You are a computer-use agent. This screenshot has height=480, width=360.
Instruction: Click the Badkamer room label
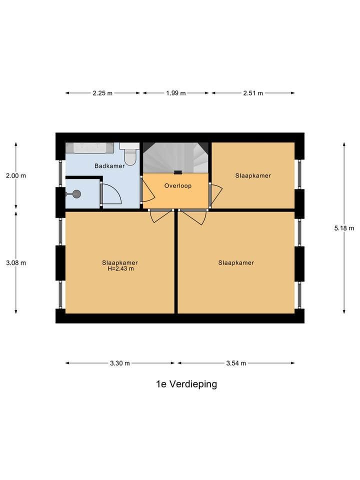click(x=109, y=165)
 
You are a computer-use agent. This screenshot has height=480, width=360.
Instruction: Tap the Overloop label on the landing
click(x=178, y=185)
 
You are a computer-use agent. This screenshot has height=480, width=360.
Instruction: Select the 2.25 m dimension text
click(x=102, y=93)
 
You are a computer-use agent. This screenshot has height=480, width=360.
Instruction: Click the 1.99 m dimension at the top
click(x=175, y=93)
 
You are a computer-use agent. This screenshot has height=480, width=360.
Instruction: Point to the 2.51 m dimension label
click(x=252, y=93)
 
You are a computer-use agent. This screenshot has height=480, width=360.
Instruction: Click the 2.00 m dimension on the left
click(x=16, y=175)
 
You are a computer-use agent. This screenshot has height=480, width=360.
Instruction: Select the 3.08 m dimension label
click(x=16, y=262)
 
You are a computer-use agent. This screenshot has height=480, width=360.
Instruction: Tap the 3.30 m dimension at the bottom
click(x=119, y=363)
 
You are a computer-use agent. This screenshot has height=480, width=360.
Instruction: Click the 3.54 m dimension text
click(x=236, y=363)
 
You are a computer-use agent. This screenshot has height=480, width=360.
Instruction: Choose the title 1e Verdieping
click(x=186, y=384)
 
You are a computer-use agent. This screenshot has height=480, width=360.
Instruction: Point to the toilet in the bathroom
click(x=130, y=154)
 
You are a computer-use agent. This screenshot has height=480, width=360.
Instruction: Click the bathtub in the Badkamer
click(x=90, y=148)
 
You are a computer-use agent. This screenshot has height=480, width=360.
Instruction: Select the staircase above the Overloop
click(x=176, y=157)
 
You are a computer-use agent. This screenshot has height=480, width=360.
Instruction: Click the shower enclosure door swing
click(x=111, y=194)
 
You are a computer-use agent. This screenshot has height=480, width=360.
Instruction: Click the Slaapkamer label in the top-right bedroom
click(x=253, y=175)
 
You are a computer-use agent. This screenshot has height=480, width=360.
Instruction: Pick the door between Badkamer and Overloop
click(x=148, y=190)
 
